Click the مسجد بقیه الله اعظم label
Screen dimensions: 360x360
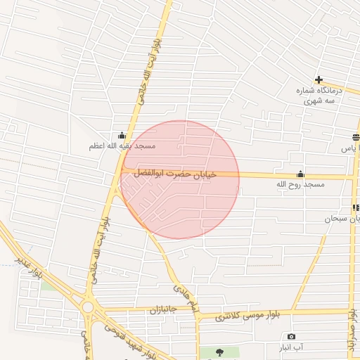tap(122, 146)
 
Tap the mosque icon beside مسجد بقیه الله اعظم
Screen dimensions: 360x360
tap(122, 135)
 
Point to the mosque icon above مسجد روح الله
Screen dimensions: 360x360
tap(301, 174)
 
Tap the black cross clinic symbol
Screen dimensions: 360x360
tap(319, 79)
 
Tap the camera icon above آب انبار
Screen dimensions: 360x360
tap(292, 337)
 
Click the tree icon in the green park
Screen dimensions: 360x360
tap(219, 351)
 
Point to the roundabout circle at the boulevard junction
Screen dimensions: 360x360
tap(88, 307)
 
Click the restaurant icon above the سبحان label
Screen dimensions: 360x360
tap(356, 207)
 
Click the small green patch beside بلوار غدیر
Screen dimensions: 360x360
tap(48, 285)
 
